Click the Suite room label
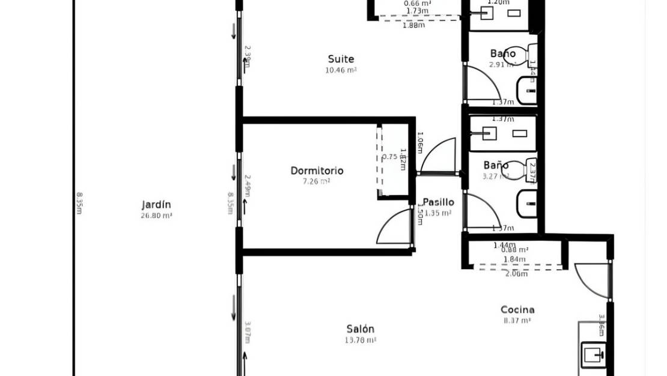tap(341, 59)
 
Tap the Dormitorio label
tap(317, 171)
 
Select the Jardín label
tap(156, 204)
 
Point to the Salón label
tap(360, 329)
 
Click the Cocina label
tap(517, 310)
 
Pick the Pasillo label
tap(438, 202)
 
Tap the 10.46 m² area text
tap(341, 70)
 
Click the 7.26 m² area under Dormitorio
tap(317, 181)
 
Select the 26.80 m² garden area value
tap(156, 214)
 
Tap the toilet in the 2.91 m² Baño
tap(531, 55)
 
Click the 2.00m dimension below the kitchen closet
tap(516, 274)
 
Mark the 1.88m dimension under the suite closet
tap(413, 25)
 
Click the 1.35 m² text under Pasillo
tap(438, 213)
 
